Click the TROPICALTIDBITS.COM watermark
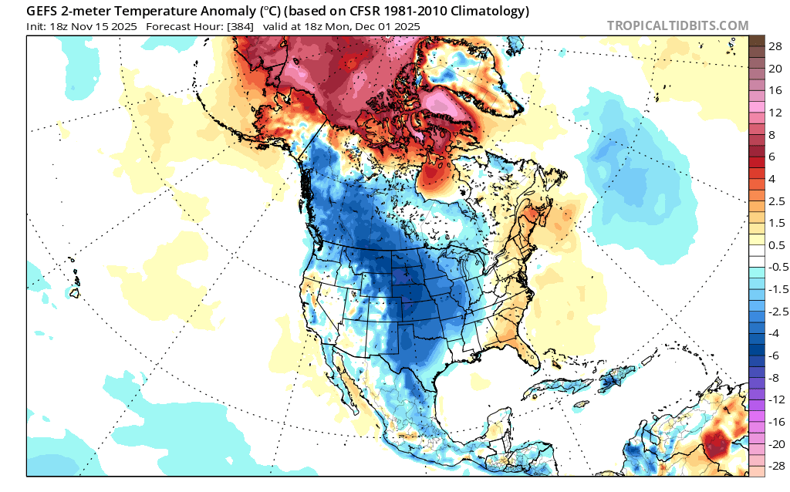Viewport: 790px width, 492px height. (x=677, y=25)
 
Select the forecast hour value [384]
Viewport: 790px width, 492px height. (x=241, y=26)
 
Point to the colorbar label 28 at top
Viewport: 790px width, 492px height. (x=775, y=47)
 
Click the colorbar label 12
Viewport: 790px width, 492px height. (x=775, y=113)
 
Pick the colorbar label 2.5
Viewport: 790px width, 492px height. (x=776, y=201)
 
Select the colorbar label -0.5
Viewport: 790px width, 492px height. (x=778, y=267)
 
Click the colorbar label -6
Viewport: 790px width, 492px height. (x=773, y=356)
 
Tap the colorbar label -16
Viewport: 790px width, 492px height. (x=776, y=422)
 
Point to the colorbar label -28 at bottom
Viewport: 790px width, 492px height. (x=776, y=466)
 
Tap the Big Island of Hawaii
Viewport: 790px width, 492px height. (x=75, y=292)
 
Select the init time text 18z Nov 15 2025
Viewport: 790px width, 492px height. (x=93, y=26)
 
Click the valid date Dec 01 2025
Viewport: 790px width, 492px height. (x=387, y=26)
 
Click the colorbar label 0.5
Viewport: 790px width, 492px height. (x=776, y=245)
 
